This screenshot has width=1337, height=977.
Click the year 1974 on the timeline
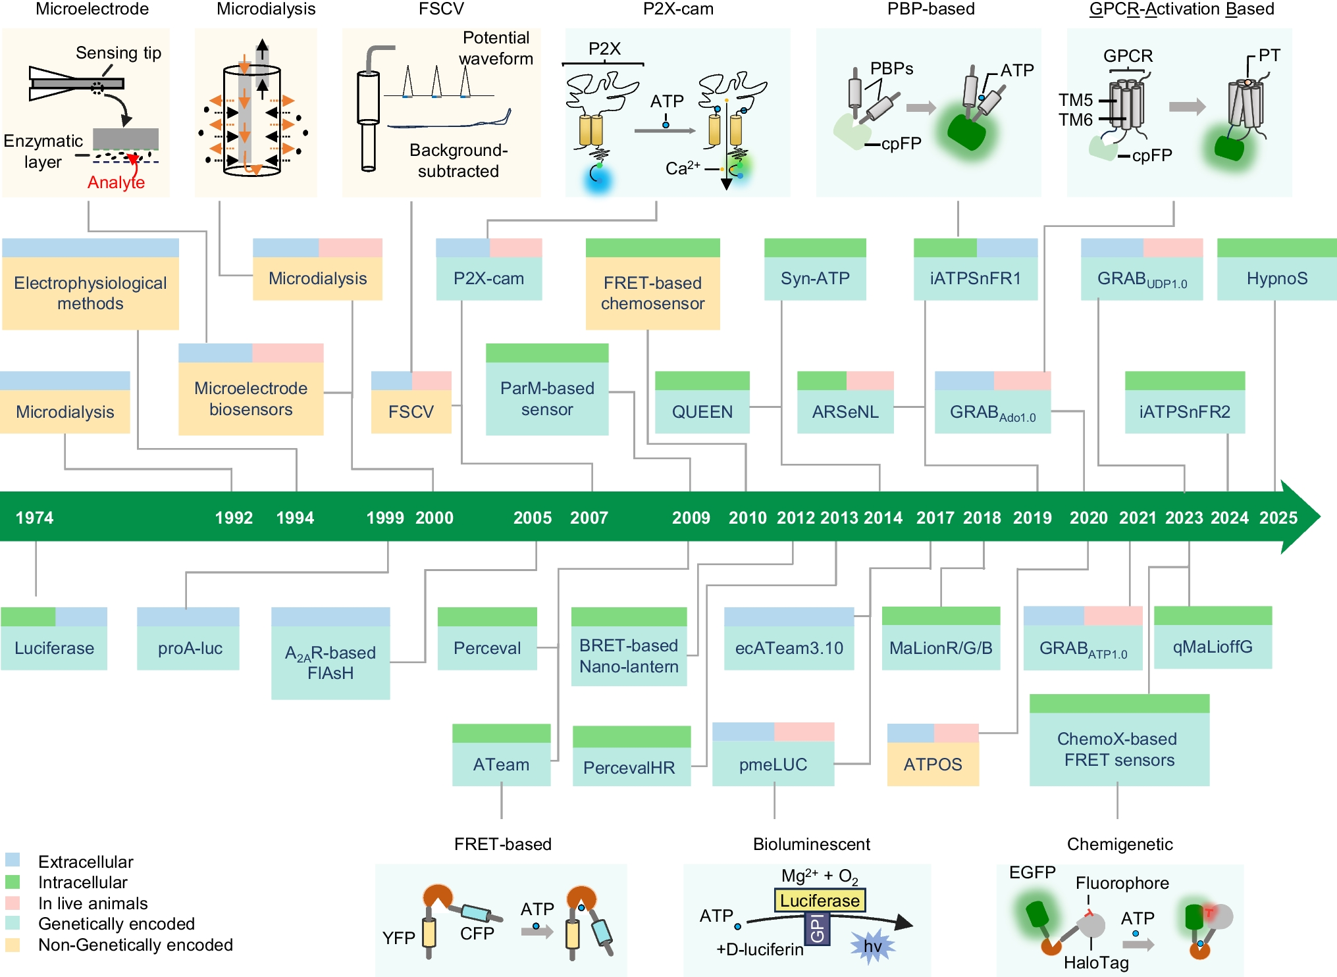tap(34, 518)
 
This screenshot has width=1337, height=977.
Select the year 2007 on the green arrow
tap(589, 518)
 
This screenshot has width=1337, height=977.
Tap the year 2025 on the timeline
tap(1278, 518)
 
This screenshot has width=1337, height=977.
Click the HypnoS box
tap(1276, 278)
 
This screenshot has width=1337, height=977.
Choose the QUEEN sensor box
tap(702, 411)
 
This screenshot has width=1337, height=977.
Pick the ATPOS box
tap(932, 764)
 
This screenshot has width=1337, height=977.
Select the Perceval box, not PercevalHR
tap(487, 647)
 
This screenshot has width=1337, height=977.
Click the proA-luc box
tap(190, 647)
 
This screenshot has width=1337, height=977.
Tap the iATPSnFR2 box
tap(1184, 411)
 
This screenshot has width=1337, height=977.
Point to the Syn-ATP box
tap(815, 278)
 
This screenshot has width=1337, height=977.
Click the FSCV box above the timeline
tap(411, 411)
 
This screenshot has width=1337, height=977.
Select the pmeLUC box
tap(773, 764)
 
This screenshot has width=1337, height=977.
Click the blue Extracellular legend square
tap(13, 860)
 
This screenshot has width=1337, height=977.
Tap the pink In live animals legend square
tap(13, 902)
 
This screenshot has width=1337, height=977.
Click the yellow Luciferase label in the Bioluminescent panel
tap(820, 900)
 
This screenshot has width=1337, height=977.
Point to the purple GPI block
tap(817, 928)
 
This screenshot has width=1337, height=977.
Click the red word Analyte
tap(116, 182)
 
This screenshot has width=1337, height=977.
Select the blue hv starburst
tap(872, 947)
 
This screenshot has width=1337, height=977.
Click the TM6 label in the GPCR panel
tap(1075, 120)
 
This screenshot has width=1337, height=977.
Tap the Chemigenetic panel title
tap(1119, 844)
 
